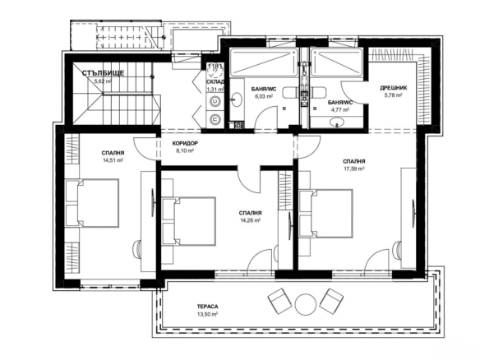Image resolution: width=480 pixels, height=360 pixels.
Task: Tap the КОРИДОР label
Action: pyautogui.click(x=185, y=143)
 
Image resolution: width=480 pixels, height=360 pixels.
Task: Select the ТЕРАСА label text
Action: pyautogui.click(x=208, y=307)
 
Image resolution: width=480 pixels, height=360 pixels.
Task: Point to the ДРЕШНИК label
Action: pyautogui.click(x=394, y=88)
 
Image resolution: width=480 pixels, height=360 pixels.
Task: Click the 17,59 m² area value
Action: pyautogui.click(x=354, y=168)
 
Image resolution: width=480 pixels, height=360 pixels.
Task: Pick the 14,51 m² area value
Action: pyautogui.click(x=113, y=160)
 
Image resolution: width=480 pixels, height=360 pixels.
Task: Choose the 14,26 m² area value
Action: pyautogui.click(x=250, y=220)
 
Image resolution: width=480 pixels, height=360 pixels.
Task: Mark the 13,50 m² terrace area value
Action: pyautogui.click(x=208, y=314)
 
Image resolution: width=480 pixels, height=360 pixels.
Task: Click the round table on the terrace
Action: pyautogui.click(x=305, y=304)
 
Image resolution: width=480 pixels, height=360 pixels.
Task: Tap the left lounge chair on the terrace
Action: pyautogui.click(x=280, y=301)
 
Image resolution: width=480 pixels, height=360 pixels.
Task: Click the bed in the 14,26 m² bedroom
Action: pyautogui.click(x=189, y=221)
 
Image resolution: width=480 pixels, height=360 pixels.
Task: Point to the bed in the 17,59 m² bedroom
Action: pyautogui.click(x=325, y=214)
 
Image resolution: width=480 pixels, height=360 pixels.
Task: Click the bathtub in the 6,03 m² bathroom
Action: pyautogui.click(x=263, y=62)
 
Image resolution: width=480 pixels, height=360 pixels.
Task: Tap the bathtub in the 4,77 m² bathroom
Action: pyautogui.click(x=337, y=62)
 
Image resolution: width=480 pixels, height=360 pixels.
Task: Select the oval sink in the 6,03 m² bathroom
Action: pyautogui.click(x=236, y=99)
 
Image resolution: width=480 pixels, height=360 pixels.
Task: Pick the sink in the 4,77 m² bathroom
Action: pyautogui.click(x=337, y=122)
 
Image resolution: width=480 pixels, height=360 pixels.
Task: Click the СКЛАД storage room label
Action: pyautogui.click(x=215, y=81)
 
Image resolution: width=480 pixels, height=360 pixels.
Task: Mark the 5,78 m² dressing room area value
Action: pyautogui.click(x=394, y=95)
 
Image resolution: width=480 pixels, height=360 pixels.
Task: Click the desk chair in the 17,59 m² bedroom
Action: pyautogui.click(x=397, y=248)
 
